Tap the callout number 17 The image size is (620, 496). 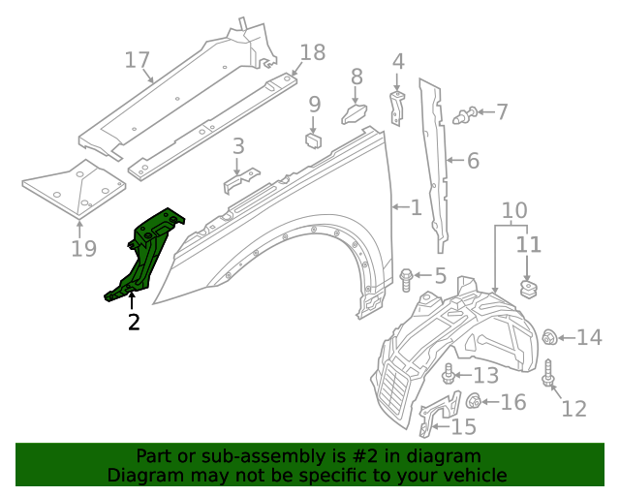click(139, 60)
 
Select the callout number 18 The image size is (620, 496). click(313, 52)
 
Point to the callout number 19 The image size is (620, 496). click(83, 249)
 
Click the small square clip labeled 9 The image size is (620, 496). click(313, 139)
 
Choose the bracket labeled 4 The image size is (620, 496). click(397, 107)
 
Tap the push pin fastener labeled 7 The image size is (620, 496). click(466, 114)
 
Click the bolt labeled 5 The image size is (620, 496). click(408, 279)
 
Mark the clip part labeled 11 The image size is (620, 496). click(529, 288)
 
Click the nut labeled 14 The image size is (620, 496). click(549, 337)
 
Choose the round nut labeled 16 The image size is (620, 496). click(475, 402)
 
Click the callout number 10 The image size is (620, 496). click(514, 210)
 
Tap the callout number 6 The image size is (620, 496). click(472, 161)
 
